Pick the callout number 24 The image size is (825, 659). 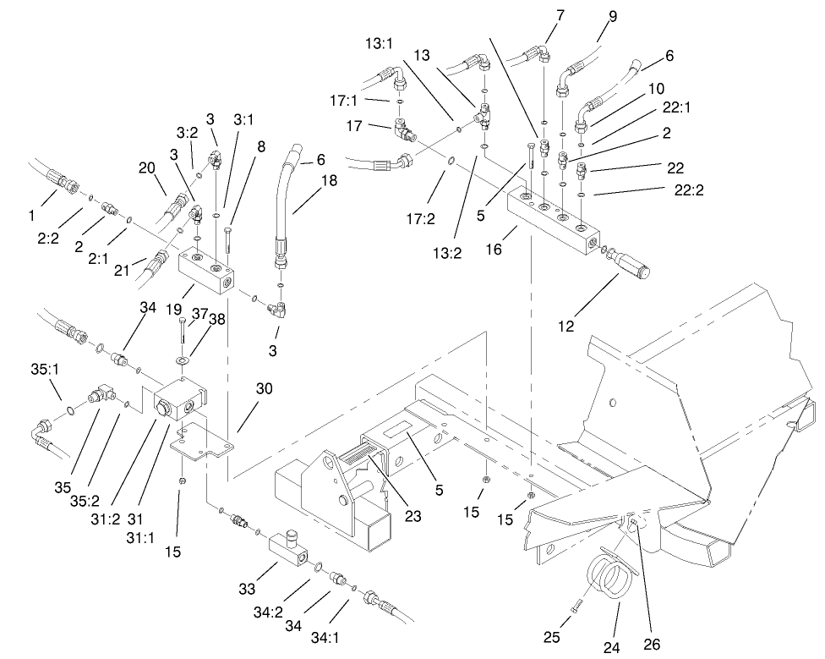[x=611, y=647]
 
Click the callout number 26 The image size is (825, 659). [x=651, y=645]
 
